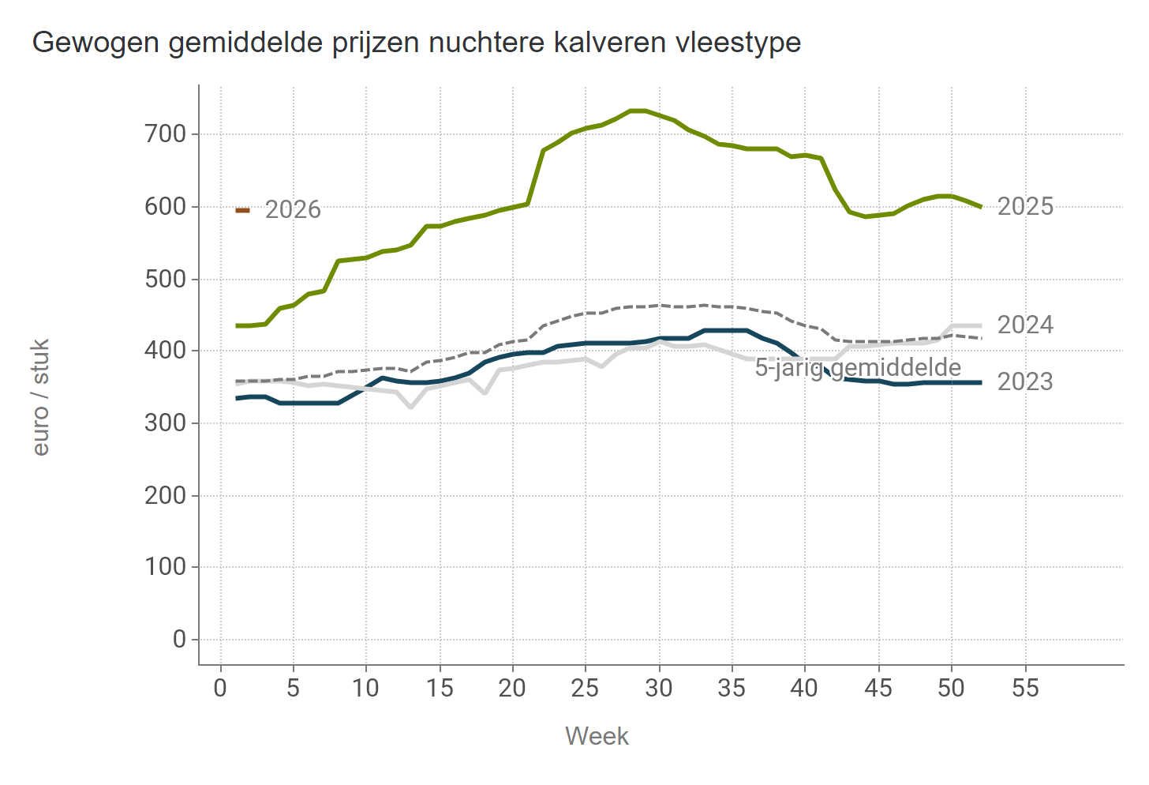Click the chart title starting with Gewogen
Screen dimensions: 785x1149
coord(416,42)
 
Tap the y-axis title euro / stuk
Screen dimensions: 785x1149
coord(41,397)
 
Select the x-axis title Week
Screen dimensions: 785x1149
coord(597,736)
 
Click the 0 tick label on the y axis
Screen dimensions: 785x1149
coord(179,639)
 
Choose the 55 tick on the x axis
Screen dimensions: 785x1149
coord(1025,689)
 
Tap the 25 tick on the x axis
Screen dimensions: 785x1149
coord(586,689)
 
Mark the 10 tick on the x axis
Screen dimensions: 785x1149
coord(366,689)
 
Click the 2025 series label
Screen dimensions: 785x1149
coord(1025,207)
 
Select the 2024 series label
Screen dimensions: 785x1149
coord(1025,325)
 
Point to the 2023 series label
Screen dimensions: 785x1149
coord(1025,382)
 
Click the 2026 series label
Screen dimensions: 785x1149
coord(293,210)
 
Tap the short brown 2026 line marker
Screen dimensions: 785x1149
coord(243,210)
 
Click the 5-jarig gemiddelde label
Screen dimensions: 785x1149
coord(858,368)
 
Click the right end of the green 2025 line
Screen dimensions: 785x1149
coord(980,207)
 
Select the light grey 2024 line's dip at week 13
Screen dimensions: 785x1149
coord(410,408)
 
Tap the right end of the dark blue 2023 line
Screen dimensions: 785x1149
coord(980,382)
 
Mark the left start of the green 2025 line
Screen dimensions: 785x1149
coord(237,325)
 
